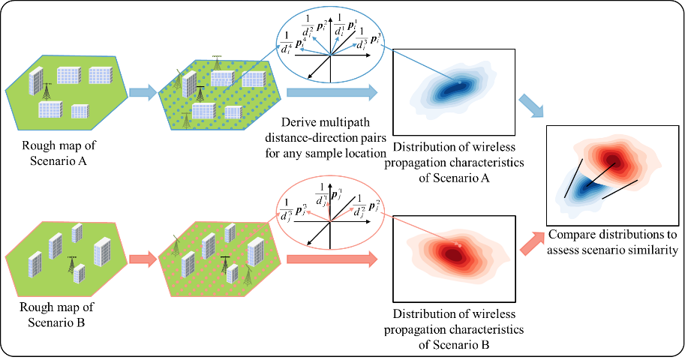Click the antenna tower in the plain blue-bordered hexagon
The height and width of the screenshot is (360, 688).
pyautogui.click(x=47, y=91)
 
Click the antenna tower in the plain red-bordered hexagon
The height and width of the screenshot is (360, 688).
pyautogui.click(x=72, y=264)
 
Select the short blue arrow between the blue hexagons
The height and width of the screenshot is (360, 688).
pyautogui.click(x=143, y=92)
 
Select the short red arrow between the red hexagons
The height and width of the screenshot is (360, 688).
pyautogui.click(x=143, y=259)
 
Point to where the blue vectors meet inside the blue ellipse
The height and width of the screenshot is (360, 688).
pyautogui.click(x=330, y=55)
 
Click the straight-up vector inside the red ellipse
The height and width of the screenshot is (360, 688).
pyautogui.click(x=328, y=210)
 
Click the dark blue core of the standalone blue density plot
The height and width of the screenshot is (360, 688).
pyautogui.click(x=455, y=88)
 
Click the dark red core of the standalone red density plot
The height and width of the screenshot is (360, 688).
pyautogui.click(x=454, y=254)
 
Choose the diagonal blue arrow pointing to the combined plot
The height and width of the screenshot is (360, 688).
pyautogui.click(x=531, y=106)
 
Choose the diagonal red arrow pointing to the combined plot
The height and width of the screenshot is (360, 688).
pyautogui.click(x=532, y=243)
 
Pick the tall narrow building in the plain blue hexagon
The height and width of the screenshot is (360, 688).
pyautogui.click(x=35, y=81)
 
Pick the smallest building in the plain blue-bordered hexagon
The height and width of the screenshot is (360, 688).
pyautogui.click(x=80, y=111)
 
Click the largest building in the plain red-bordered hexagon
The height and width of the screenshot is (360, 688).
pyautogui.click(x=101, y=252)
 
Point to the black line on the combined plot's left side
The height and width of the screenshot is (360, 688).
pyautogui.click(x=573, y=178)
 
